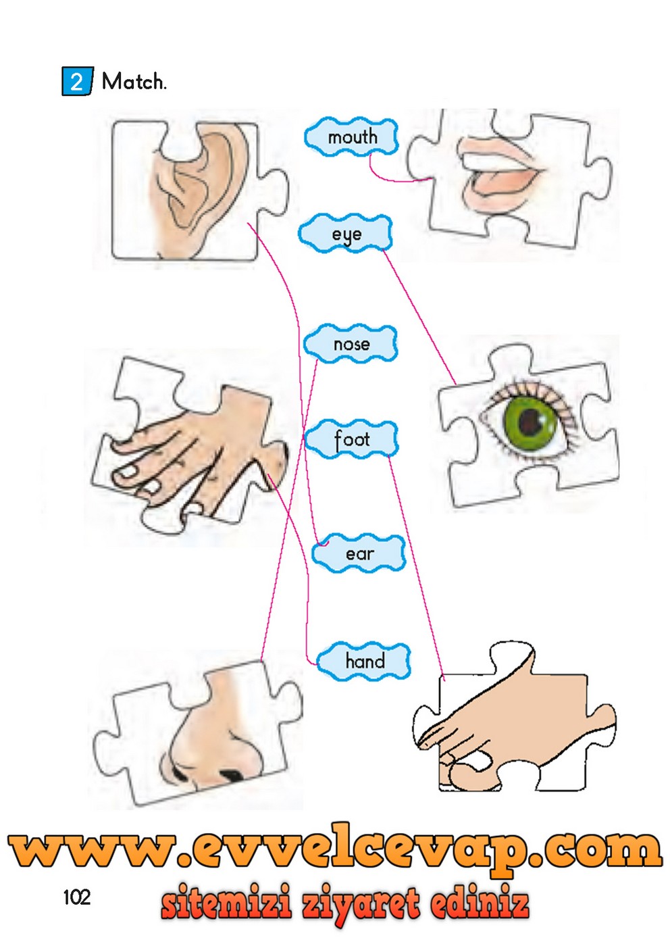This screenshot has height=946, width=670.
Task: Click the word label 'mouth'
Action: coord(352,137)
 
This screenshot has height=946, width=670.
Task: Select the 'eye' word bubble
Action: coord(346,234)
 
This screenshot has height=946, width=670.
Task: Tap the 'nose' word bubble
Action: coord(351,344)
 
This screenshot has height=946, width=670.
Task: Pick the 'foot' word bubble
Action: coord(351,439)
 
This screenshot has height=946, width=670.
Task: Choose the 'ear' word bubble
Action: coord(359,554)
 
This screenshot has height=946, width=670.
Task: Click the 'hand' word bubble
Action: coord(364,661)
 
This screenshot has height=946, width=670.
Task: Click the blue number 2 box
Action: coord(76,82)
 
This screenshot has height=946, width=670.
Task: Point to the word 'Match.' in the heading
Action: coord(133,82)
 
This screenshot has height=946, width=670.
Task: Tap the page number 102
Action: coord(76,897)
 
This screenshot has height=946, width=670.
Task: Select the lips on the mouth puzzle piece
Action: coord(500,179)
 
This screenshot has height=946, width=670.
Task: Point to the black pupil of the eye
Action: coord(531,424)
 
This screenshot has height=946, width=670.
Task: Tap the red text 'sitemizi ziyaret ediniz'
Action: coord(344,903)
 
